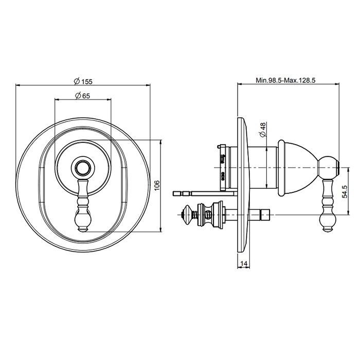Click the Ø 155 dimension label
(83, 81)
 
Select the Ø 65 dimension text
(83, 95)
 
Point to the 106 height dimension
(157, 185)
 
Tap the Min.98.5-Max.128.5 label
(285, 81)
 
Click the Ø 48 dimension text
(262, 129)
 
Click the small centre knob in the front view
(83, 168)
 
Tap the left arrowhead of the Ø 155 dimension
(19, 86)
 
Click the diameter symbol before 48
(262, 135)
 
